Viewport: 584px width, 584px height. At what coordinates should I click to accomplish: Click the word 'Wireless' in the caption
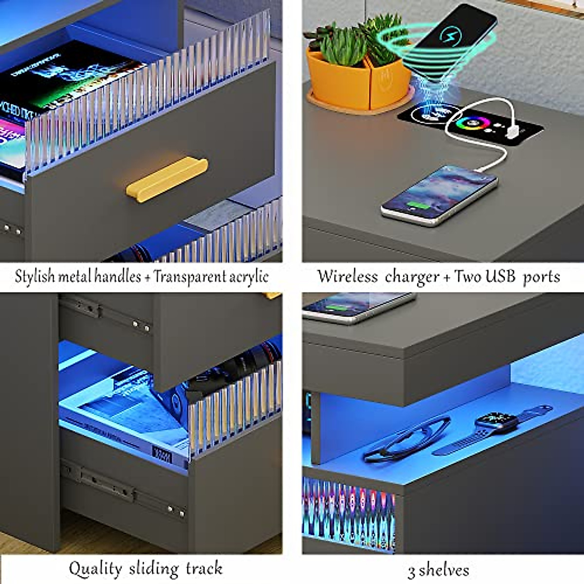point(347,276)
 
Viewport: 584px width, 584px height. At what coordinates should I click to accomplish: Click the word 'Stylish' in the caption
point(35,276)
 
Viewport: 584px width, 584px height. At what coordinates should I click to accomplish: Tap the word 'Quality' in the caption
point(95,568)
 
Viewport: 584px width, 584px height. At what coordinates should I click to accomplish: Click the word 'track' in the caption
point(204,568)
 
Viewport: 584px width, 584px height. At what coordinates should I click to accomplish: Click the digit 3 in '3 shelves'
point(412,571)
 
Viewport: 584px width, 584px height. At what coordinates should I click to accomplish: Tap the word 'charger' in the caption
point(412,277)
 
